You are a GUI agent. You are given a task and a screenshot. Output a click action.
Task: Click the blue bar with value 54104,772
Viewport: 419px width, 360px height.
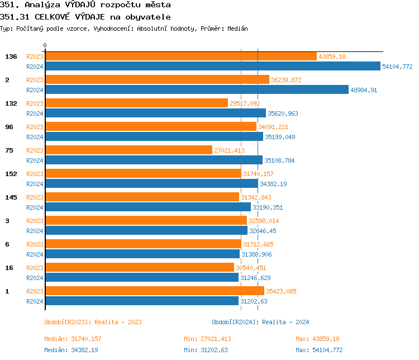pyautogui.click(x=212, y=66)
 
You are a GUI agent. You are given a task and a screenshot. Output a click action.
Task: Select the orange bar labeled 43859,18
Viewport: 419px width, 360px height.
pyautogui.click(x=180, y=56)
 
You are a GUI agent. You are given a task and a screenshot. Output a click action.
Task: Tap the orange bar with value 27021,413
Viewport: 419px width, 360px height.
pyautogui.click(x=128, y=150)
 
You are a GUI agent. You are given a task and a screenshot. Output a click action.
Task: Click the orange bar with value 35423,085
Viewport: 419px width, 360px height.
pyautogui.click(x=154, y=291)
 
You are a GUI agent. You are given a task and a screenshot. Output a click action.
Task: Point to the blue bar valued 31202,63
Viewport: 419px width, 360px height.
pyautogui.click(x=141, y=301)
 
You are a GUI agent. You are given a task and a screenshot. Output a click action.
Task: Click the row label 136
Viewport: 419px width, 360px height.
pyautogui.click(x=11, y=56)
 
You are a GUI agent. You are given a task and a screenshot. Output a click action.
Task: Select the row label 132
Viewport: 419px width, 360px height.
pyautogui.click(x=11, y=103)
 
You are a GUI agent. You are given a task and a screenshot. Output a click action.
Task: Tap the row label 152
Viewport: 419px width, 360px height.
pyautogui.click(x=11, y=174)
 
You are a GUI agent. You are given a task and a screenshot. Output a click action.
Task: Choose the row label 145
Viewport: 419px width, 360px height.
pyautogui.click(x=11, y=197)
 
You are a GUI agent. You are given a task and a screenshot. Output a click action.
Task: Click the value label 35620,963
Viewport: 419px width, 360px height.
pyautogui.click(x=283, y=113)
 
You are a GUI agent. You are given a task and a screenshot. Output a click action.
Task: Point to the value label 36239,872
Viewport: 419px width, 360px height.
pyautogui.click(x=286, y=80)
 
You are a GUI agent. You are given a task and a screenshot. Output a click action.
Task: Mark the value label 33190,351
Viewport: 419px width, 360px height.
pyautogui.click(x=268, y=207)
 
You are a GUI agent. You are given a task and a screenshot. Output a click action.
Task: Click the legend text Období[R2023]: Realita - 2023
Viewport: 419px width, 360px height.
pyautogui.click(x=93, y=322)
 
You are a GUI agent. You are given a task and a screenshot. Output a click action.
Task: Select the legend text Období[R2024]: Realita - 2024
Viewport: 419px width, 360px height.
pyautogui.click(x=260, y=322)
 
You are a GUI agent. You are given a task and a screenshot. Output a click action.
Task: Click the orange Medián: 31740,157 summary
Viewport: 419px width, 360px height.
pyautogui.click(x=73, y=339)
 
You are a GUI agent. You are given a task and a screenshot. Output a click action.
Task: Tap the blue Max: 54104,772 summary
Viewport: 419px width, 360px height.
pyautogui.click(x=319, y=350)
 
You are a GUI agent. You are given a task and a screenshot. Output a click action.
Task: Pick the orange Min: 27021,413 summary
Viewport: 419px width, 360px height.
pyautogui.click(x=207, y=339)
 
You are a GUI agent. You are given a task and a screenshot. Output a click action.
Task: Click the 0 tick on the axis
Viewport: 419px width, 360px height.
pyautogui.click(x=45, y=45)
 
